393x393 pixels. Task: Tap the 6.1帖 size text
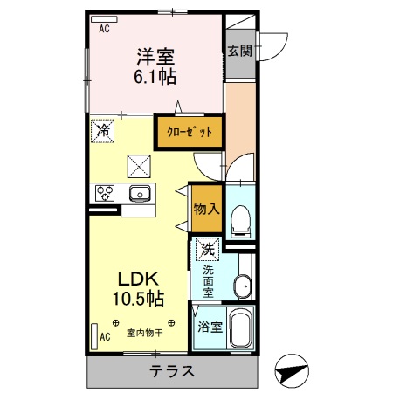tap(155, 77)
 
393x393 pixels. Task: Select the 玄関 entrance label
tap(240, 51)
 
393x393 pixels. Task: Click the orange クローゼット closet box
tap(190, 132)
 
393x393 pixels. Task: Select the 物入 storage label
tap(207, 209)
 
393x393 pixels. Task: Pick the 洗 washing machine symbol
tap(207, 248)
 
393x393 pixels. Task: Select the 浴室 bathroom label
tap(209, 329)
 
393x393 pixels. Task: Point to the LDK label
tap(137, 279)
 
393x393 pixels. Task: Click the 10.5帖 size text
tap(137, 300)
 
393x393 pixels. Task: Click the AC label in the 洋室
tap(104, 29)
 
